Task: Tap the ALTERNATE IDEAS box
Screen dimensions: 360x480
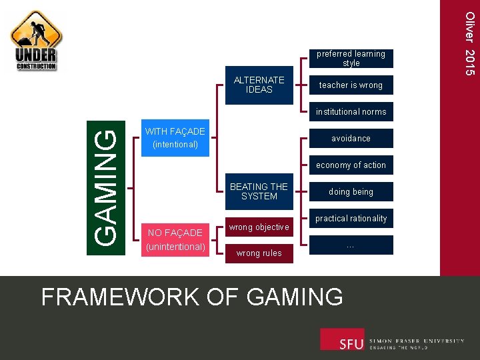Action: [259, 85]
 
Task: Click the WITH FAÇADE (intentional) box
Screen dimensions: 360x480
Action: [175, 138]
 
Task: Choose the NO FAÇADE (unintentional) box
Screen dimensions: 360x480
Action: [175, 240]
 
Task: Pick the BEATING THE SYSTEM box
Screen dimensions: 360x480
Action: [259, 191]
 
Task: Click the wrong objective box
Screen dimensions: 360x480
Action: [259, 227]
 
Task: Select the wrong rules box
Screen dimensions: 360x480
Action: [259, 253]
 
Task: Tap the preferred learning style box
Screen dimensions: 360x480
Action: [351, 59]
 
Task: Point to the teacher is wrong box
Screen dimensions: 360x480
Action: [351, 85]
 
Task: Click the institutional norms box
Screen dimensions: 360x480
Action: [351, 112]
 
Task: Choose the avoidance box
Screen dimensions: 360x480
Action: [351, 139]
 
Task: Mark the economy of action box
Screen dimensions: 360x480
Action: [351, 165]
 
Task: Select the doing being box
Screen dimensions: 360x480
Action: [351, 192]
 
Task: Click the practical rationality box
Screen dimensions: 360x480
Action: [351, 219]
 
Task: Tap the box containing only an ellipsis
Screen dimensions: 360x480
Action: [351, 245]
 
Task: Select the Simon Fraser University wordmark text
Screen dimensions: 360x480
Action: [417, 344]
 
